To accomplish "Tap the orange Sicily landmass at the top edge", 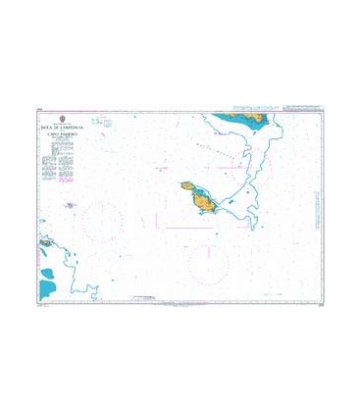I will point(241,117).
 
